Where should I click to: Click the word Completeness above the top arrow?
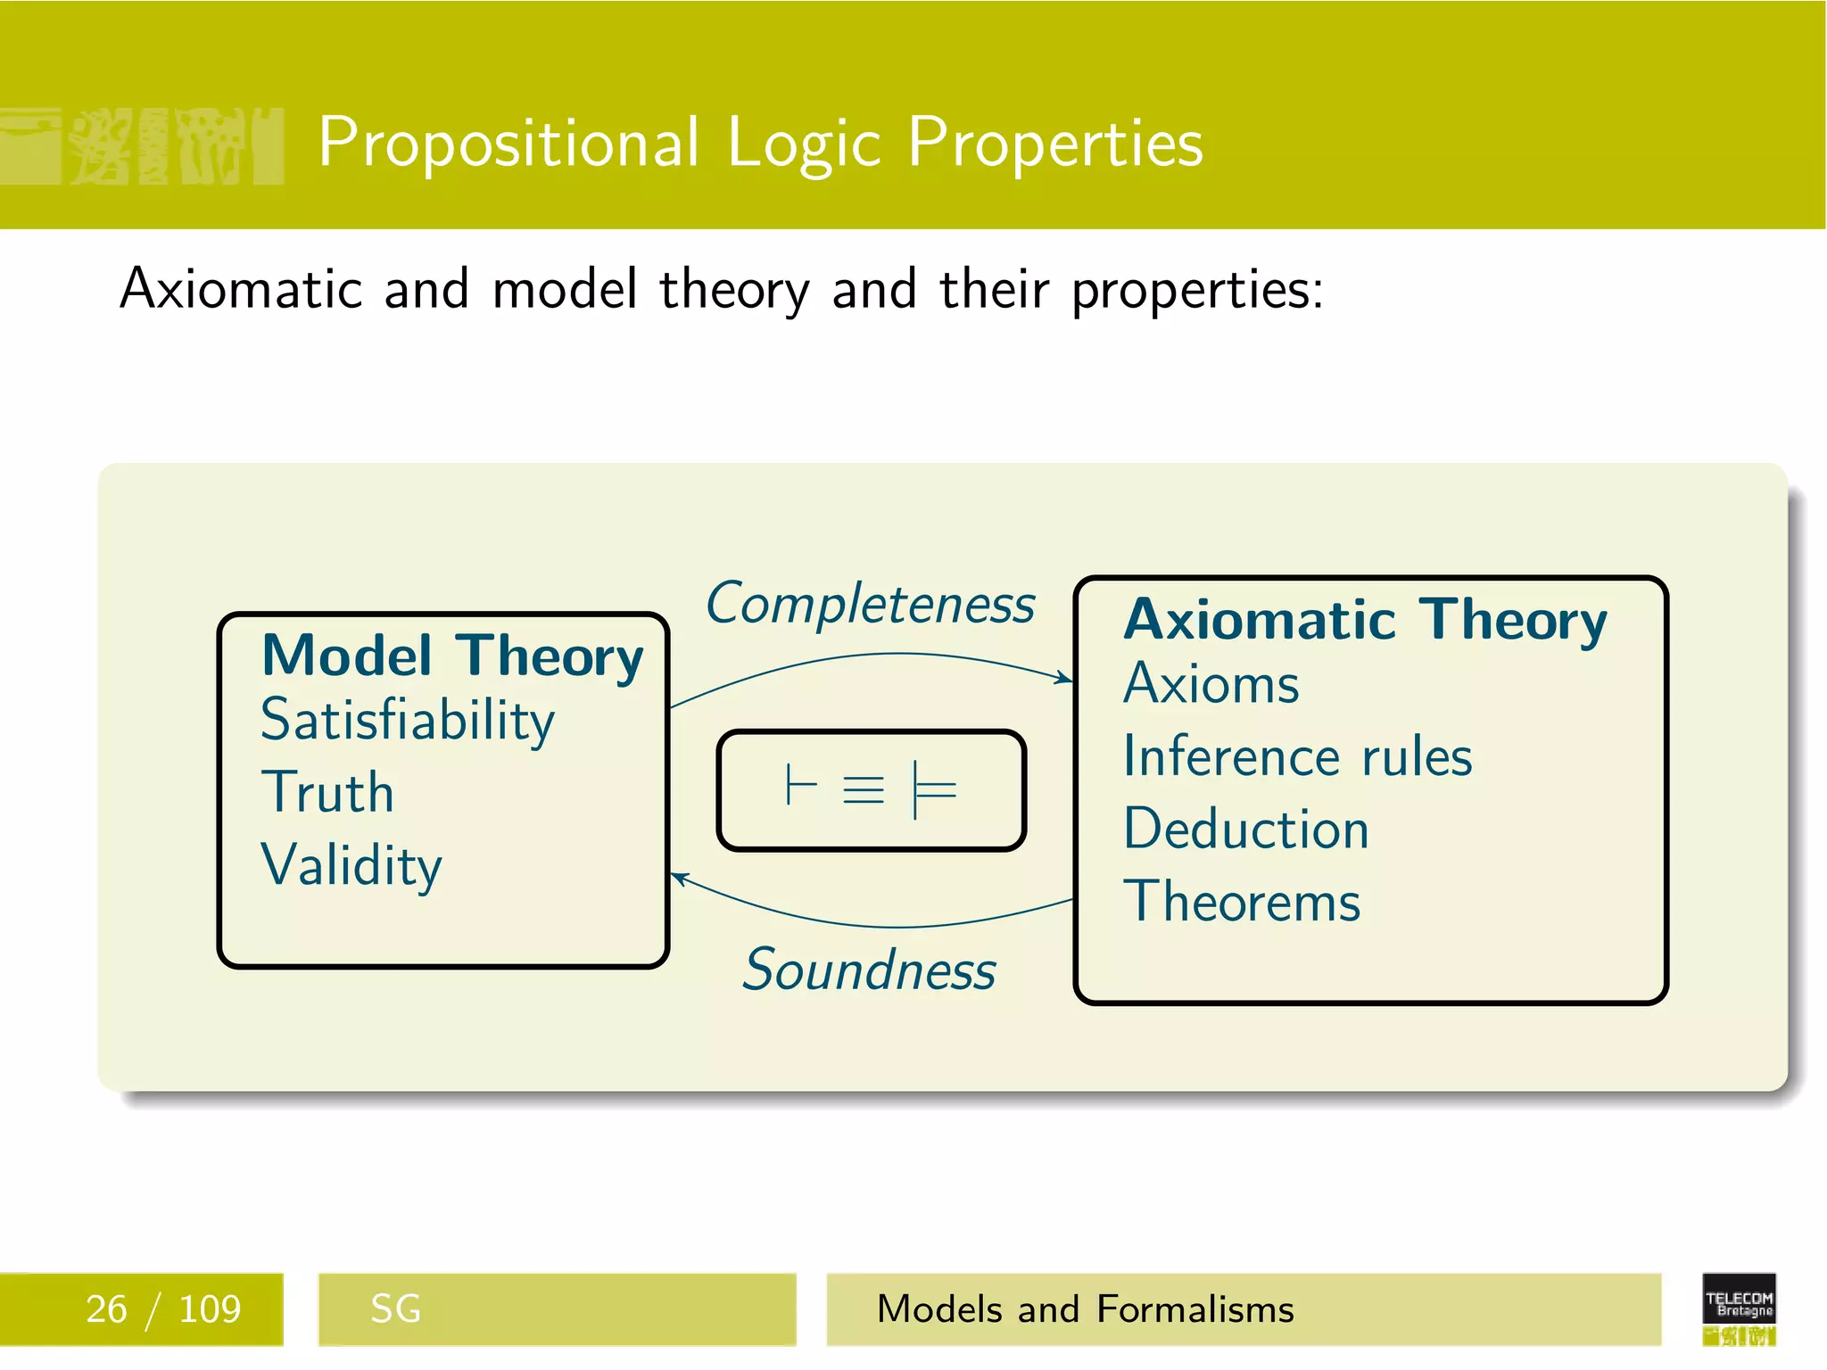pos(870,605)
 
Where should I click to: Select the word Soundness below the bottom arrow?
pos(870,970)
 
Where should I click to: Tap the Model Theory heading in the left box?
pos(452,656)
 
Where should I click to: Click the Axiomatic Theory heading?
pos(1365,620)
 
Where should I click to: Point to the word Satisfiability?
pos(408,721)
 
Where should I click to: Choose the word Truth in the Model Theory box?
pos(327,793)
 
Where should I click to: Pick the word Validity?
pos(351,865)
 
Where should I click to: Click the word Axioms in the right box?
pos(1211,685)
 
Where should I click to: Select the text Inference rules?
pos(1297,757)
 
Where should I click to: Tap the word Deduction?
pos(1245,829)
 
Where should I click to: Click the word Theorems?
pos(1242,902)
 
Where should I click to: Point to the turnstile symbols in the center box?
pos(871,790)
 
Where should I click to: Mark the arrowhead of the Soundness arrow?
pos(678,878)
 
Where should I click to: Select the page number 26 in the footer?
pos(106,1309)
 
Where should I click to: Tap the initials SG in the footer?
pos(395,1309)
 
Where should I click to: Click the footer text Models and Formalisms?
pos(1085,1309)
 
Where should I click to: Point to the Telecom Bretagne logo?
pos(1739,1308)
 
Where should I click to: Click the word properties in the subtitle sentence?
pos(1197,290)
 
